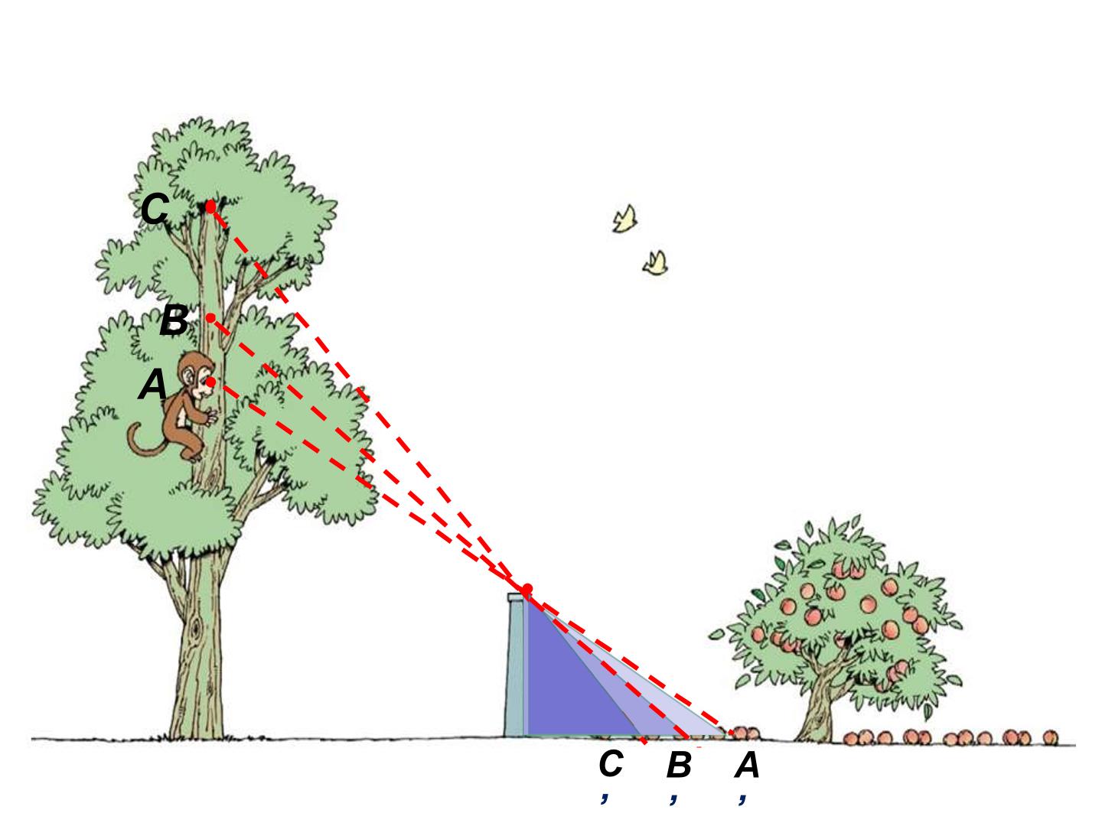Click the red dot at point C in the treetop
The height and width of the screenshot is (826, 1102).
[210, 206]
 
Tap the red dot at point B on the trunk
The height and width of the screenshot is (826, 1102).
[211, 318]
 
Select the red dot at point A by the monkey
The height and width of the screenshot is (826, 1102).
[211, 382]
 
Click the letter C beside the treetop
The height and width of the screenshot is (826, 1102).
[154, 209]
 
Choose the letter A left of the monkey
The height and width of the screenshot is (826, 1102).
[152, 384]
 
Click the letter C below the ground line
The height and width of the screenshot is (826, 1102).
[611, 763]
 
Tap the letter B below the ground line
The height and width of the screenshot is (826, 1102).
[679, 766]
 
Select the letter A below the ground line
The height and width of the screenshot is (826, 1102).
[747, 766]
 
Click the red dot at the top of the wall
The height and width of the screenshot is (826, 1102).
[527, 588]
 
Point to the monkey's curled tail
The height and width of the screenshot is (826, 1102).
[145, 441]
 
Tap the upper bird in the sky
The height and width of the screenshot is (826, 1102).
[624, 219]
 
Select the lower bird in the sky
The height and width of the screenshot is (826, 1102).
[656, 263]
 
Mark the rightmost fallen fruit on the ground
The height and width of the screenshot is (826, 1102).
[1050, 738]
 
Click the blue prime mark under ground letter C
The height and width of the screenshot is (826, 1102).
[605, 798]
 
